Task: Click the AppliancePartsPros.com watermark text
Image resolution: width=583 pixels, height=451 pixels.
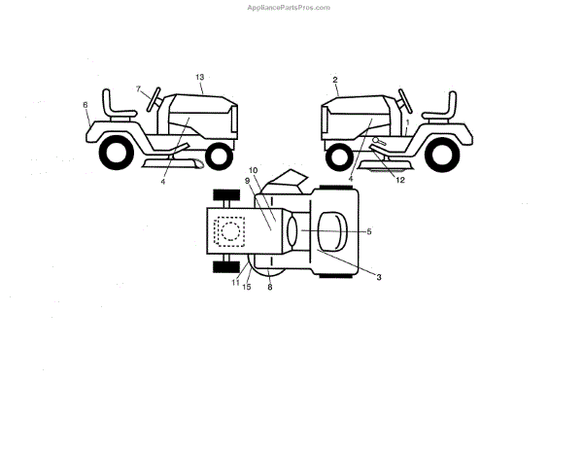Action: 290,7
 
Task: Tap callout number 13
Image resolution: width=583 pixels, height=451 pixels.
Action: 199,77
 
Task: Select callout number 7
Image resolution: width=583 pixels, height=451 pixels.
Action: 139,88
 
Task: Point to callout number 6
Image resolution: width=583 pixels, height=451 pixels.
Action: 86,105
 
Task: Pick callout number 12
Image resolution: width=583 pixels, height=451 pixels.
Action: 398,179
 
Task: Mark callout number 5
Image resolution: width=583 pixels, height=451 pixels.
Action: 369,230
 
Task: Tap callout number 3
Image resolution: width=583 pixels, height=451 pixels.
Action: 379,277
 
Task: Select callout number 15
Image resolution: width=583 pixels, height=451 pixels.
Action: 247,286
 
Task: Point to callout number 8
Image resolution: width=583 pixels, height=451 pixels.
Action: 269,287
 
